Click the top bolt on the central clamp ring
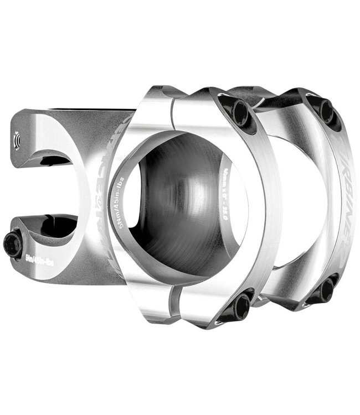pyautogui.click(x=241, y=112)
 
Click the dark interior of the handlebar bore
pyautogui.click(x=183, y=205)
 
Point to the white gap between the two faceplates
pyautogui.click(x=302, y=205)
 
